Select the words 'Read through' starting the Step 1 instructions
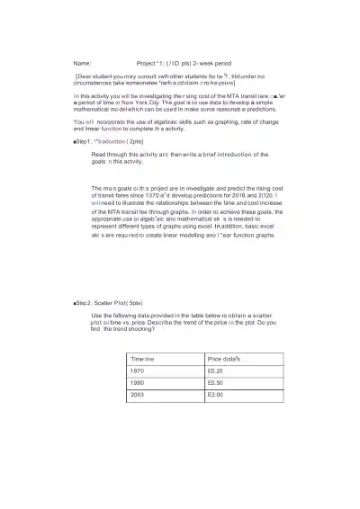[x=112, y=155]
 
